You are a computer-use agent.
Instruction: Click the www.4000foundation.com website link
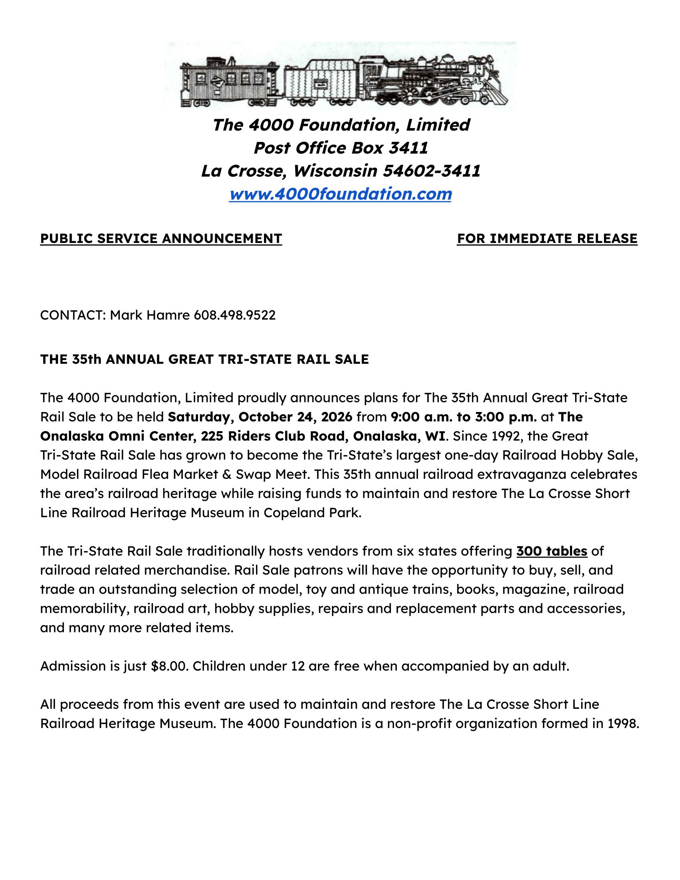pyautogui.click(x=340, y=194)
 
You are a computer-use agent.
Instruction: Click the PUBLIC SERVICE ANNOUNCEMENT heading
pyautogui.click(x=161, y=238)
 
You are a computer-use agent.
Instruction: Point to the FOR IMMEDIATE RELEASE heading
pyautogui.click(x=547, y=238)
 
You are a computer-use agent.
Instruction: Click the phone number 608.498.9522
pyautogui.click(x=235, y=315)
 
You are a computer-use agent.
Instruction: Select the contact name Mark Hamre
pyautogui.click(x=150, y=315)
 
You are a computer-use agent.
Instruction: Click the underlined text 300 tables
pyautogui.click(x=552, y=551)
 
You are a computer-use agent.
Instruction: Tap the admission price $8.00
pyautogui.click(x=169, y=666)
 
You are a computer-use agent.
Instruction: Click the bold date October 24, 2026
pyautogui.click(x=296, y=417)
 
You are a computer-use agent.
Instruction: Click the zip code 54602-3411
pyautogui.click(x=432, y=171)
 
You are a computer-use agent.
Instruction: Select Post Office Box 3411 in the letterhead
pyautogui.click(x=340, y=148)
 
